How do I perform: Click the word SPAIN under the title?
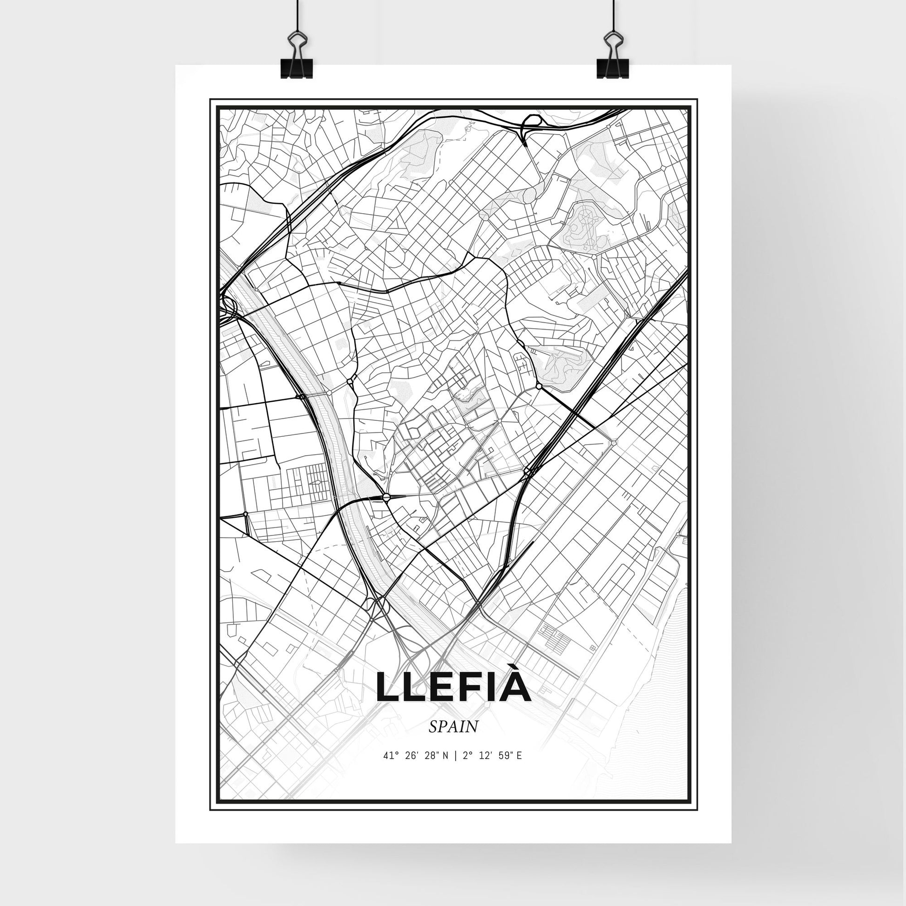[x=453, y=740]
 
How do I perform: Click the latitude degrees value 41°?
[x=391, y=769]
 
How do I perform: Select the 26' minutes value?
[x=412, y=769]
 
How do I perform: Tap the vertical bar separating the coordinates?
[x=455, y=769]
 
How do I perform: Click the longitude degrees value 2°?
[x=466, y=769]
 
